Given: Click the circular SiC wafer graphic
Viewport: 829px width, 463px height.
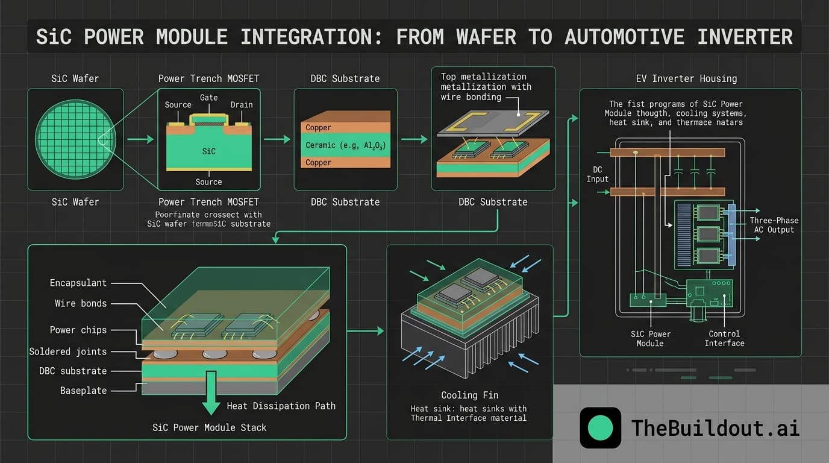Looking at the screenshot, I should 67,139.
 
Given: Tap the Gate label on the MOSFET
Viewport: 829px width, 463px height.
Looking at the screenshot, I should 208,98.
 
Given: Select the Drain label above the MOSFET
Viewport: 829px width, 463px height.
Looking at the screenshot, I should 242,105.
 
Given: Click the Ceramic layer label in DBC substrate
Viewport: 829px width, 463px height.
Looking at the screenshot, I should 345,145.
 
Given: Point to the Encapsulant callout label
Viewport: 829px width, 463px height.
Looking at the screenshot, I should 78,283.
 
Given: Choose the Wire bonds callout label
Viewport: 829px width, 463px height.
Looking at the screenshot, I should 81,303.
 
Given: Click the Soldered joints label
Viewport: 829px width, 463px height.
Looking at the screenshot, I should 67,351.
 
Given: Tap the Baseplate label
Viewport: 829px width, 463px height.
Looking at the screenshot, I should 83,391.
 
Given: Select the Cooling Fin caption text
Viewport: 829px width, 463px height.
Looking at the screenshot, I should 469,395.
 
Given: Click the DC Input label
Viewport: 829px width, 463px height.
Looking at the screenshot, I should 598,174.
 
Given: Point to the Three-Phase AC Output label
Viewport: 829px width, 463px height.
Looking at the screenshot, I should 774,225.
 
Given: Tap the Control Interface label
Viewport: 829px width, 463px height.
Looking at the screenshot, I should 724,338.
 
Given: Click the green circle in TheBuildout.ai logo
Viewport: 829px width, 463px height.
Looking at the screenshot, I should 600,428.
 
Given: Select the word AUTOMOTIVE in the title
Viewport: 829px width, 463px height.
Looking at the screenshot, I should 624,37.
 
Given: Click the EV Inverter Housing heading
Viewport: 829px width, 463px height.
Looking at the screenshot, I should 686,78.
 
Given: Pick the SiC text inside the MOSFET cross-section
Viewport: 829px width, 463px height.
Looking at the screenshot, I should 208,151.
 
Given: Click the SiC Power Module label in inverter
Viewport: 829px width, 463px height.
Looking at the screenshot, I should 650,338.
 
